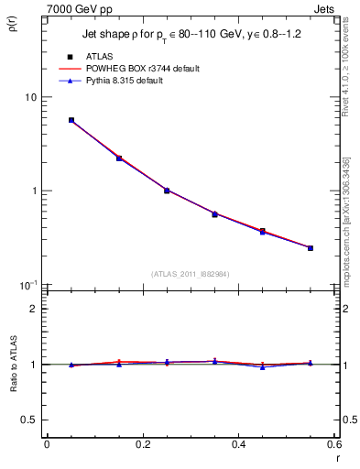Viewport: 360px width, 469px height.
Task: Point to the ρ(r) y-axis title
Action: [12, 24]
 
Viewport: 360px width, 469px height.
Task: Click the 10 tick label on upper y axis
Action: [29, 97]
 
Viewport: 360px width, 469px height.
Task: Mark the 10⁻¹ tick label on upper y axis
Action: [27, 285]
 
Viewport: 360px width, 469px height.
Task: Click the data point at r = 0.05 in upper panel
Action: [71, 120]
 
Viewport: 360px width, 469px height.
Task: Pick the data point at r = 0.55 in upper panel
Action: [311, 248]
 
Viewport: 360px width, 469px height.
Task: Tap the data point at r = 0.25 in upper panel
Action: [167, 191]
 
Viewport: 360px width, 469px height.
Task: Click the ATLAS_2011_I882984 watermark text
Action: [191, 274]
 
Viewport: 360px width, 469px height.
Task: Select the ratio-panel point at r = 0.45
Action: [262, 366]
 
